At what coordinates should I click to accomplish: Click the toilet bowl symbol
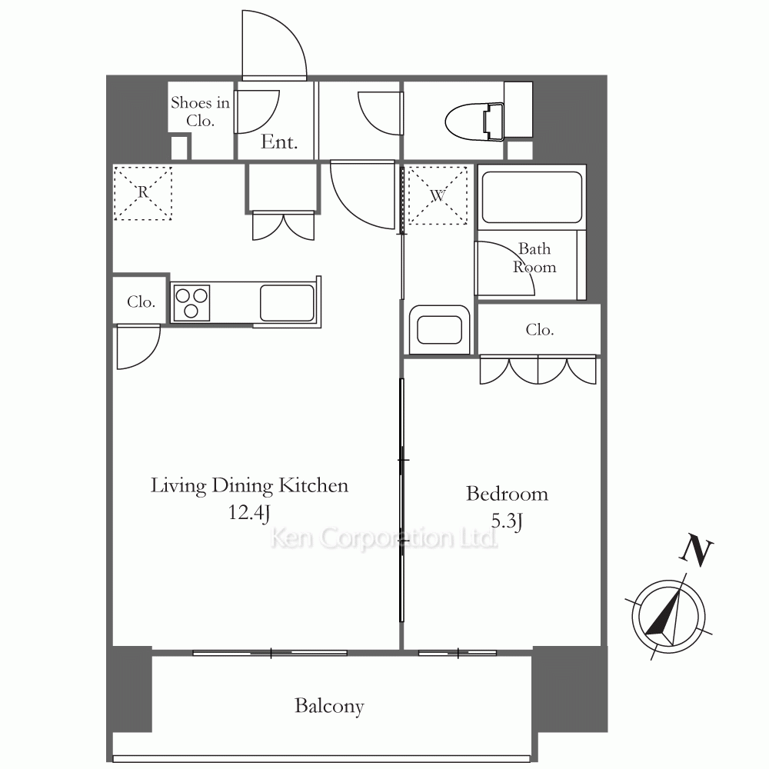(x=474, y=122)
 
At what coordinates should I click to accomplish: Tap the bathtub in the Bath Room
(x=532, y=197)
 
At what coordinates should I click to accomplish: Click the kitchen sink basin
(x=287, y=302)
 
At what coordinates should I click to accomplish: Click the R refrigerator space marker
(x=143, y=193)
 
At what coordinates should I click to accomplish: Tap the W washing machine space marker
(x=438, y=195)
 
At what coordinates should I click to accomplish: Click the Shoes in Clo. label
(x=200, y=112)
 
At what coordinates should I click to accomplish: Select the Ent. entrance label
(x=279, y=142)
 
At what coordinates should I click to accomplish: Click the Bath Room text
(x=534, y=258)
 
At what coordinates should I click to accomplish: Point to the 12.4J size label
(x=249, y=513)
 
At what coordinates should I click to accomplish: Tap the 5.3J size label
(x=507, y=521)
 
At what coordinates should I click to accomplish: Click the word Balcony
(x=329, y=706)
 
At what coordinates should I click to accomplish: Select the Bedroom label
(x=507, y=494)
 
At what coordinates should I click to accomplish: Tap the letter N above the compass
(x=696, y=550)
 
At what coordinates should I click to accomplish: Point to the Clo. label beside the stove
(x=141, y=301)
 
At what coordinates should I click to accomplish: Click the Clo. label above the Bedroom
(x=540, y=330)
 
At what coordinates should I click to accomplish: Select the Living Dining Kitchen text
(x=249, y=486)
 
